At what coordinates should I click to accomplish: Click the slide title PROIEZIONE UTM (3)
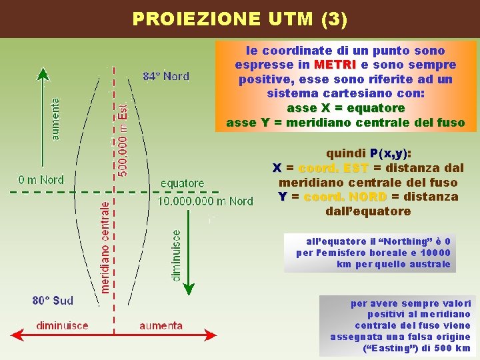click(x=239, y=19)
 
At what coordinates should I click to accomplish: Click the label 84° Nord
click(x=166, y=76)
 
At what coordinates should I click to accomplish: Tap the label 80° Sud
click(x=53, y=301)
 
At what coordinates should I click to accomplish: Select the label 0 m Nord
click(x=41, y=179)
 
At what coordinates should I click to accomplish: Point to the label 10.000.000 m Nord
click(x=205, y=201)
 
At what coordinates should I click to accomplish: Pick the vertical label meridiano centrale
click(x=105, y=247)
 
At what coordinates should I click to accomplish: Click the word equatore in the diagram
click(x=183, y=183)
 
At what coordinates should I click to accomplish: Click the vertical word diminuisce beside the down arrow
click(x=176, y=255)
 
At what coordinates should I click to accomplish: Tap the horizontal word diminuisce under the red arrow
click(x=62, y=326)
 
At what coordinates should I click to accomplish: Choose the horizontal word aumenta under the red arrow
click(x=161, y=326)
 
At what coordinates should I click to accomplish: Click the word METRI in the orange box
click(x=335, y=65)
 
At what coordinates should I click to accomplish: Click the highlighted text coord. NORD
click(x=345, y=197)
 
